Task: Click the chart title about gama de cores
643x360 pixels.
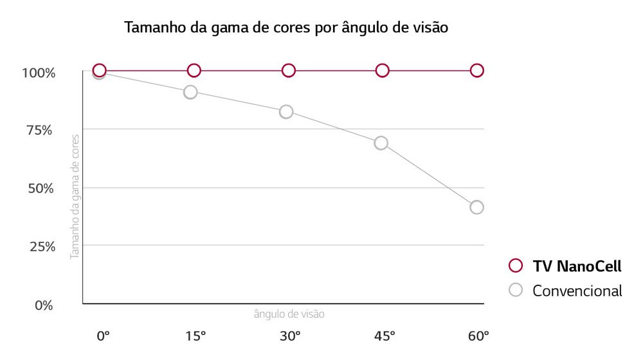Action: (285, 28)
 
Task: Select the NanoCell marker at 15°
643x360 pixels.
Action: (194, 70)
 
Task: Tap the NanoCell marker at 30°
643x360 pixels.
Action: (288, 70)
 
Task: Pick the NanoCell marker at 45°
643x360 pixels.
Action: (383, 70)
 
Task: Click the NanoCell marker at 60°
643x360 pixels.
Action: (476, 70)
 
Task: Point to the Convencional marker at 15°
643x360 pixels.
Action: (190, 92)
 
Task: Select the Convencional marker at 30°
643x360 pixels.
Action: (286, 112)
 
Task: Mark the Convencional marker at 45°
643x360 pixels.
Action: (381, 143)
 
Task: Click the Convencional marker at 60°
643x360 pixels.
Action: (476, 207)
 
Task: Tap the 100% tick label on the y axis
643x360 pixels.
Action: (39, 73)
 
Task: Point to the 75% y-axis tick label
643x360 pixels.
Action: (40, 130)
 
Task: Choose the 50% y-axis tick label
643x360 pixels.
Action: (40, 189)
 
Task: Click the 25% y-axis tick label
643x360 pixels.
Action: (40, 247)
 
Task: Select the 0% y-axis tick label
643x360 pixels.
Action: (44, 305)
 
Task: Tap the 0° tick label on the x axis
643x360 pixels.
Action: (103, 336)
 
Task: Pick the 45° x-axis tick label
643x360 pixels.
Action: (385, 336)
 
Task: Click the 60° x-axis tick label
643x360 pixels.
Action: (478, 336)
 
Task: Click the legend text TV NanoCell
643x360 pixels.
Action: (577, 266)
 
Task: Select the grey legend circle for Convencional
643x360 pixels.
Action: (515, 290)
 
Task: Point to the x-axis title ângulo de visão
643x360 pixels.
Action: (289, 314)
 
